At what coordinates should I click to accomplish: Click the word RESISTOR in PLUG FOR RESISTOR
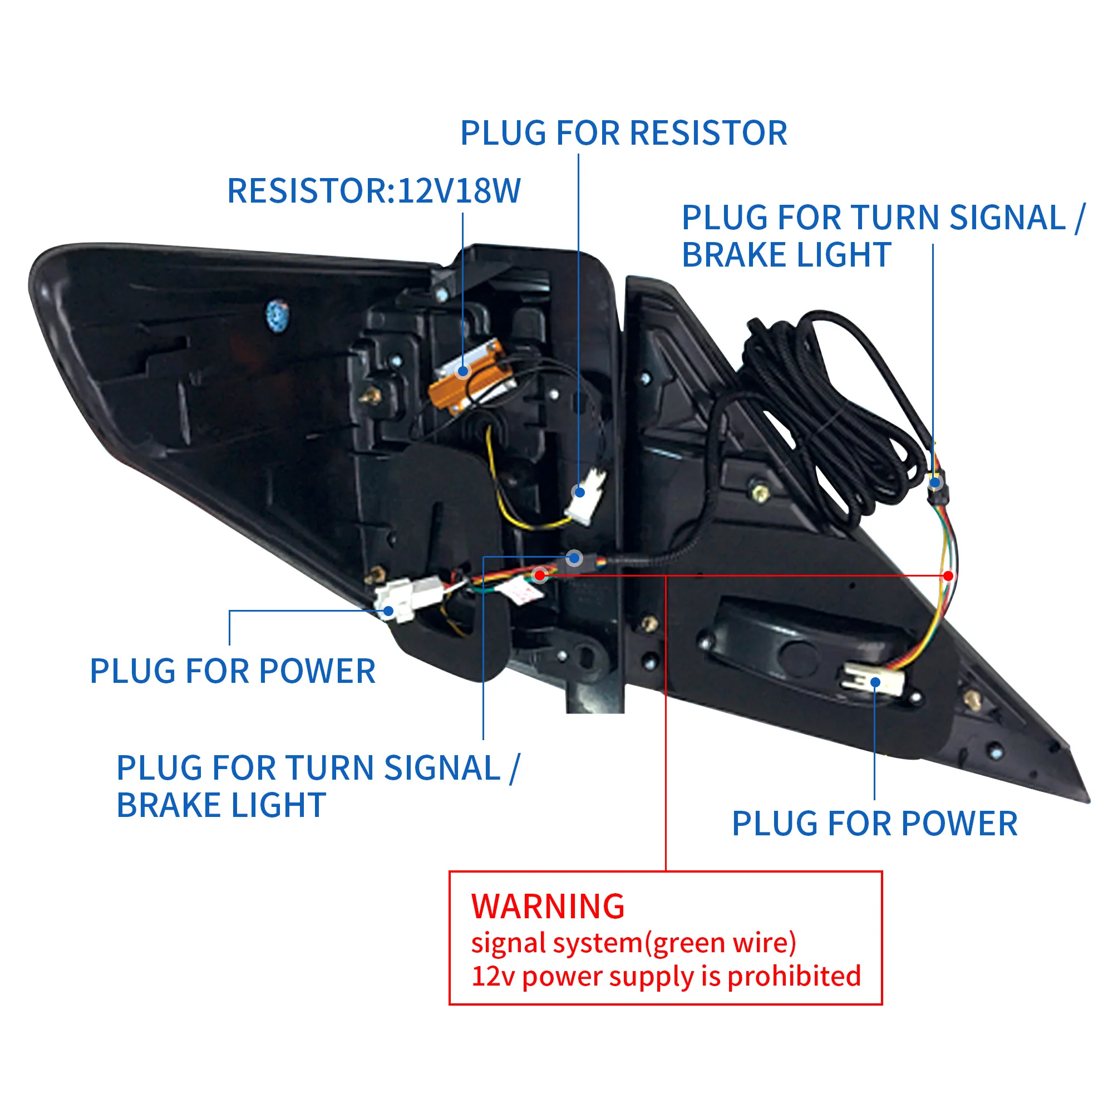(708, 134)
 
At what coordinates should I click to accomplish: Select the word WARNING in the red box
(548, 906)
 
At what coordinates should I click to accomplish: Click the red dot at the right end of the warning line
(948, 575)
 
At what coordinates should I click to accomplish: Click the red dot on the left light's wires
(540, 574)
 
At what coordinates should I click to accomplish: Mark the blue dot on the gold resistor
(462, 372)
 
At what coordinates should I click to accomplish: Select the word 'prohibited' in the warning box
(794, 977)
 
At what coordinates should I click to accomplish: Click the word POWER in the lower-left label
(317, 671)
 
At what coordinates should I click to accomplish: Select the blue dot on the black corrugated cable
(574, 558)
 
